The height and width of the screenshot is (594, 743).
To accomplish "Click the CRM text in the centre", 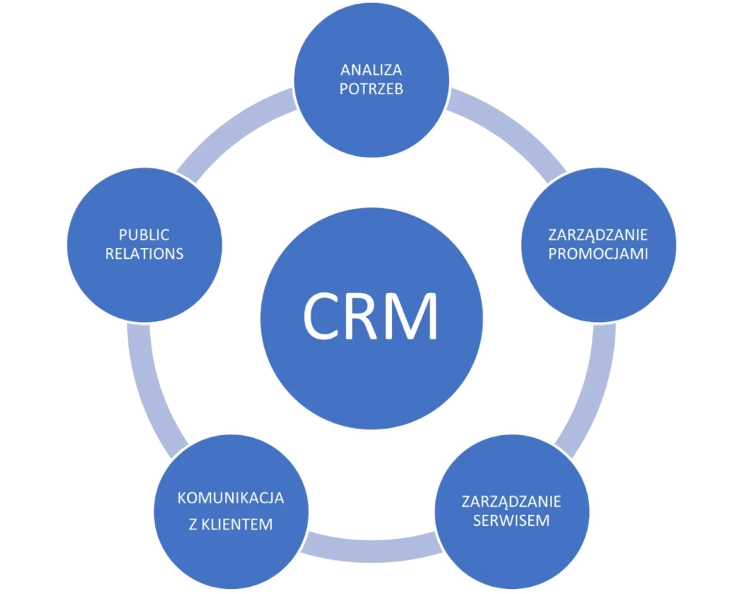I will (x=371, y=317).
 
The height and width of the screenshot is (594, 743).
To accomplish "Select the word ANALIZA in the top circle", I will (x=371, y=70).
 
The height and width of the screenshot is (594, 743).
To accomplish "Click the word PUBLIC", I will (x=144, y=234).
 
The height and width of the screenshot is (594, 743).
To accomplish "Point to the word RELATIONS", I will (x=144, y=254).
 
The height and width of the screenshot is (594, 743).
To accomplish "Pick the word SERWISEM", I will (x=512, y=521).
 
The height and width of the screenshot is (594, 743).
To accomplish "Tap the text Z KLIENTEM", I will (x=231, y=524).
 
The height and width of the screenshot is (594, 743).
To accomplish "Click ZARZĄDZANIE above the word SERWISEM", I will (x=512, y=502).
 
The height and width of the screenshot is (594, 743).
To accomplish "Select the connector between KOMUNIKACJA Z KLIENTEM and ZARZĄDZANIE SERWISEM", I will (x=371, y=545).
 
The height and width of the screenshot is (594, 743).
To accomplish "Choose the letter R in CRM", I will (x=361, y=317).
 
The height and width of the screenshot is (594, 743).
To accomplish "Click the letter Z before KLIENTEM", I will (x=193, y=524).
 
